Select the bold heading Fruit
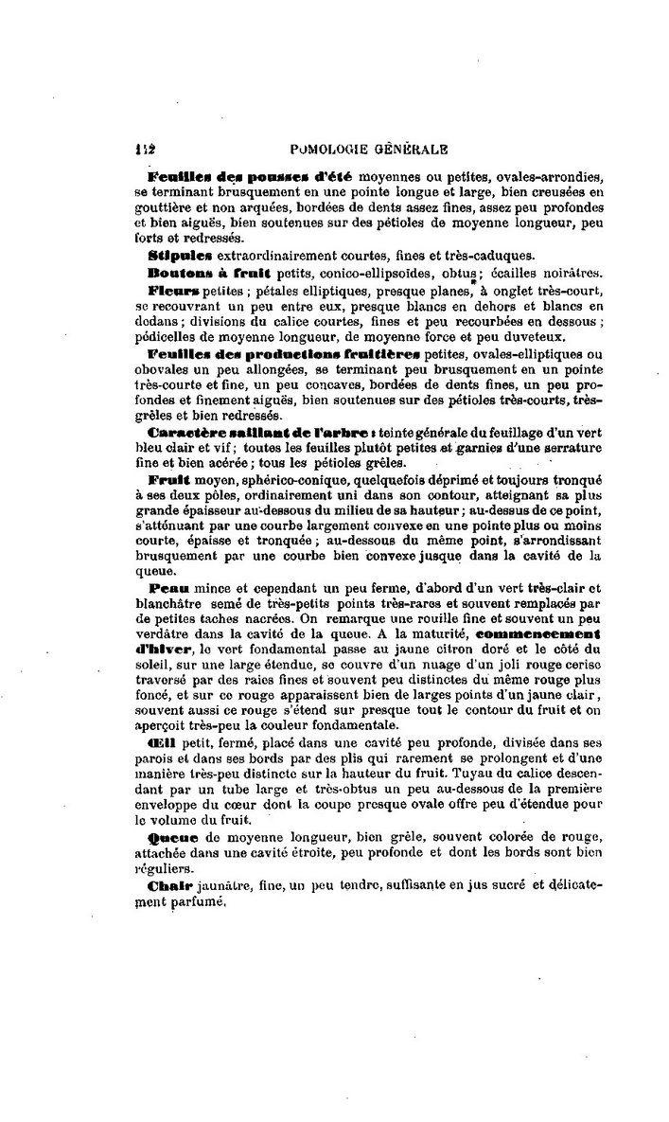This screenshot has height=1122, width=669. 170,480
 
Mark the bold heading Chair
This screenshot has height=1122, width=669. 170,885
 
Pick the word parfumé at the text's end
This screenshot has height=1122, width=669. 200,901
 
